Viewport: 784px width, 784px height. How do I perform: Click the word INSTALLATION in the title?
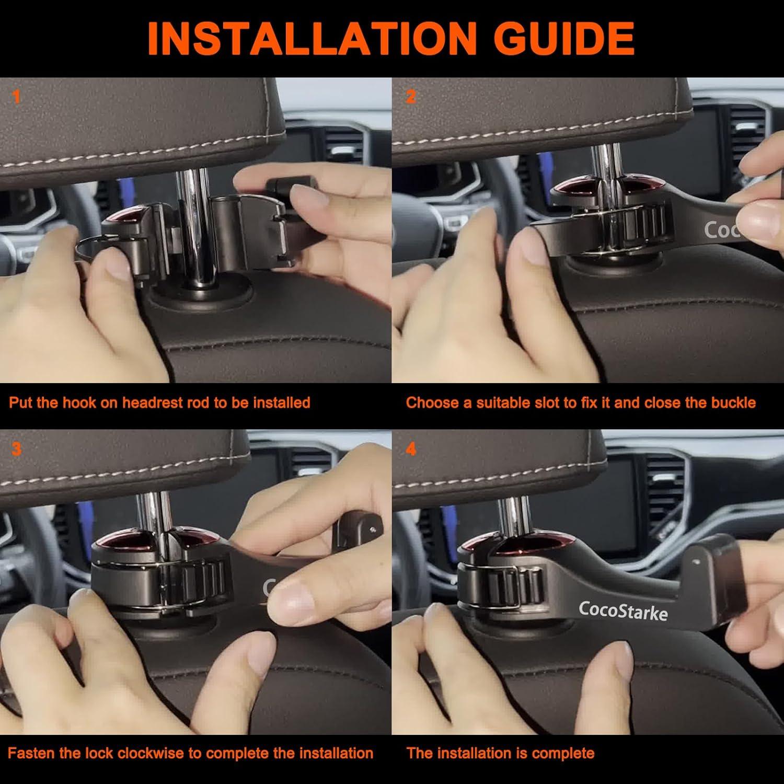pyautogui.click(x=311, y=38)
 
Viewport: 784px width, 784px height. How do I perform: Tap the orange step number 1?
pyautogui.click(x=16, y=97)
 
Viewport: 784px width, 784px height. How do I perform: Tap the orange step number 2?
pyautogui.click(x=411, y=97)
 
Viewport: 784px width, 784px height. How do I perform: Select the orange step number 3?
pyautogui.click(x=16, y=449)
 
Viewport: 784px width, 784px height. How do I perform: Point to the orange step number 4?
pyautogui.click(x=411, y=449)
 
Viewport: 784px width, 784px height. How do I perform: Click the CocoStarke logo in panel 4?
pyautogui.click(x=623, y=610)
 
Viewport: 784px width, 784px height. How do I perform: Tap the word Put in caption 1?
pyautogui.click(x=21, y=402)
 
